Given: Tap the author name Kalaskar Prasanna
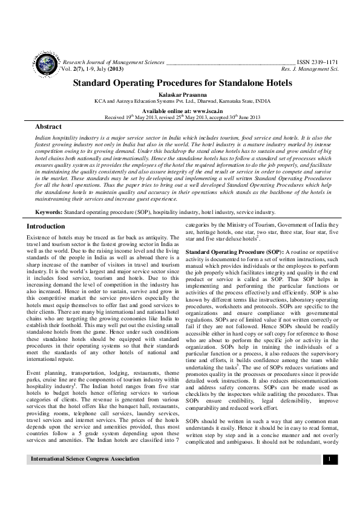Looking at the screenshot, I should (180, 94).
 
